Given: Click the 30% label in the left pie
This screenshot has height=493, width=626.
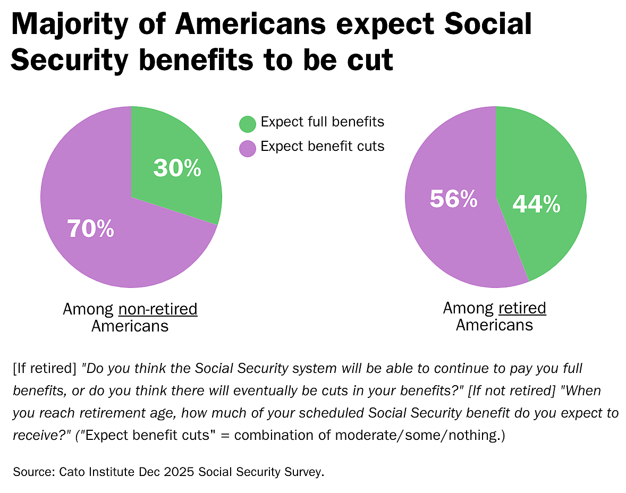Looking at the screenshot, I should (177, 168).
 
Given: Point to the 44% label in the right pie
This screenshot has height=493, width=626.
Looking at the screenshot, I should (537, 205).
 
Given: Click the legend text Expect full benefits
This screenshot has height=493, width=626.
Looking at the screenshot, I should (322, 122).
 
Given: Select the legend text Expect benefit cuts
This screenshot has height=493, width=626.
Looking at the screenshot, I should (322, 147).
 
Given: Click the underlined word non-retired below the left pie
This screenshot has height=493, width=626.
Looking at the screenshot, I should (158, 309).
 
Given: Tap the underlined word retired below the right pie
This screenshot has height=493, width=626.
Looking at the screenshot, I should (522, 308).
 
